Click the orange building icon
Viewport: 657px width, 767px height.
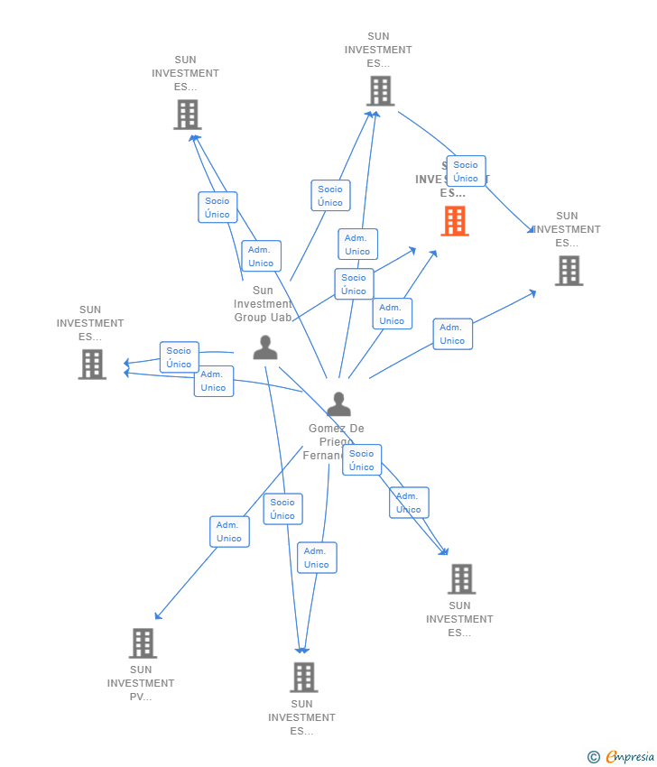455,220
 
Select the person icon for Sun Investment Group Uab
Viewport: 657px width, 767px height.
265,347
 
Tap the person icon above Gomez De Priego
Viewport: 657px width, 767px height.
338,404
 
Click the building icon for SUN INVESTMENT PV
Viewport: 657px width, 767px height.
143,643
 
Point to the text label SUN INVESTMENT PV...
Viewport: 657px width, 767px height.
141,683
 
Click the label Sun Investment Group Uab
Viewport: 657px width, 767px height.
263,303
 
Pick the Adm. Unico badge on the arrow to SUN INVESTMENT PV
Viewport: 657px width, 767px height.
229,531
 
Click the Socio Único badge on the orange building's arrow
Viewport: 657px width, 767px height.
354,284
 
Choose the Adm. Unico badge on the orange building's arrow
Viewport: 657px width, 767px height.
392,314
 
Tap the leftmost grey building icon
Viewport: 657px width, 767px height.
92,364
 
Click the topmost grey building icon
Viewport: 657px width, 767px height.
380,90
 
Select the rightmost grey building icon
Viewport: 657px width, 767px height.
569,270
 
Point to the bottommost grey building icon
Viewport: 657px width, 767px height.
303,677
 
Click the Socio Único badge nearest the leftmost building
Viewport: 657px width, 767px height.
179,357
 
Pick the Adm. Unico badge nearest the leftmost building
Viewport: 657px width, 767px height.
213,381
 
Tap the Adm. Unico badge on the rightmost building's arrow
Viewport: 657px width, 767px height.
452,334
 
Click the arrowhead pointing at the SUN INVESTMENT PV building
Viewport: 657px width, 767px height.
158,616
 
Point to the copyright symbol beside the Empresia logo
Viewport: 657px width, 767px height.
594,757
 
